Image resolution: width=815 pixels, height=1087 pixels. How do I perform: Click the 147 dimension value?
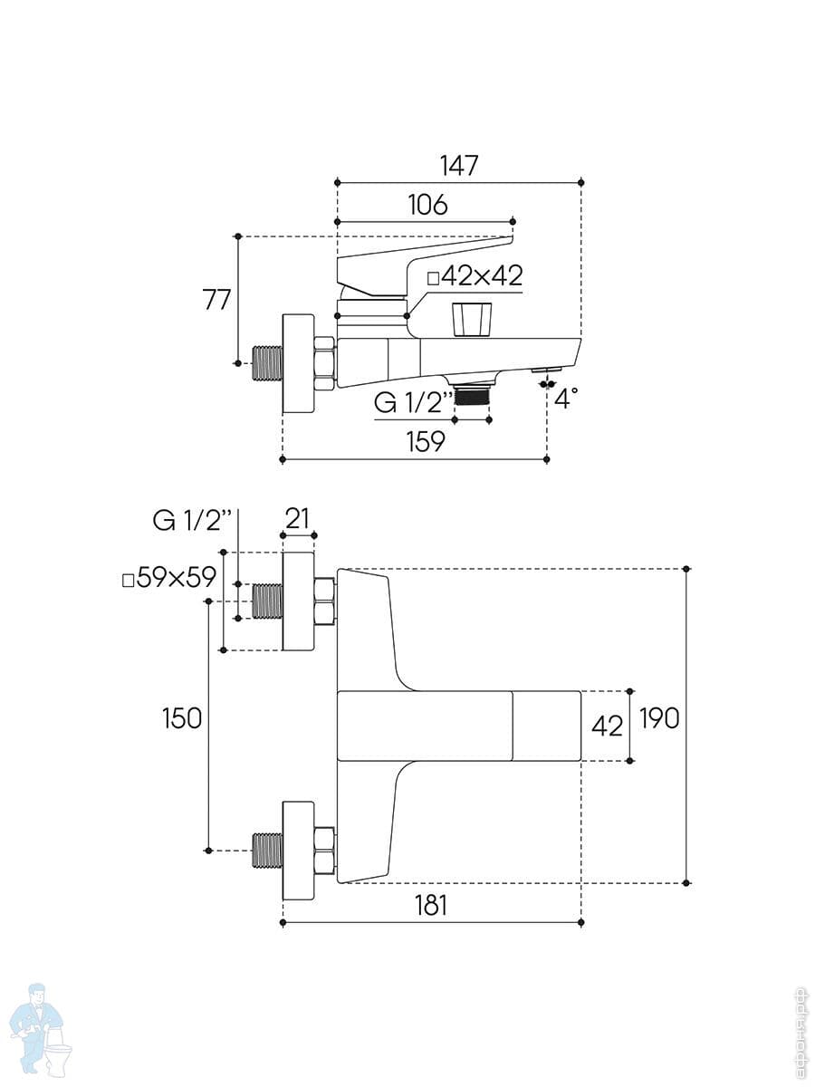click(x=458, y=166)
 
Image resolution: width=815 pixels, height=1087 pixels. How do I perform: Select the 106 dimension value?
click(x=427, y=205)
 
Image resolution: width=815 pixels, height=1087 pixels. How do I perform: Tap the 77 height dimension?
click(x=217, y=299)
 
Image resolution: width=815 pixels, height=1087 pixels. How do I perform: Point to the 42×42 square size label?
click(x=475, y=276)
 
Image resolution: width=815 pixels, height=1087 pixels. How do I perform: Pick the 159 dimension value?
click(x=425, y=441)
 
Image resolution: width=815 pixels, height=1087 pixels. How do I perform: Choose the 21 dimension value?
click(x=298, y=518)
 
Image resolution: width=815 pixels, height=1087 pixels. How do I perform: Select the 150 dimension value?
click(x=182, y=718)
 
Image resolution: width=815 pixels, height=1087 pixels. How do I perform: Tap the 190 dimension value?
click(x=658, y=718)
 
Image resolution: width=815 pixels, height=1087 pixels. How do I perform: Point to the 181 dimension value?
click(x=430, y=904)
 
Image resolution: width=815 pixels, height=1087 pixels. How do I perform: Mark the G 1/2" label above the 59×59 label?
click(x=193, y=519)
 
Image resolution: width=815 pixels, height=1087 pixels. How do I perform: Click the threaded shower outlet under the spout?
click(x=471, y=393)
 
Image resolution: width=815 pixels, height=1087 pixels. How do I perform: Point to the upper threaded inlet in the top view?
click(x=267, y=601)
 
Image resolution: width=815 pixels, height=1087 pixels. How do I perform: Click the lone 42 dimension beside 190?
click(x=607, y=726)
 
